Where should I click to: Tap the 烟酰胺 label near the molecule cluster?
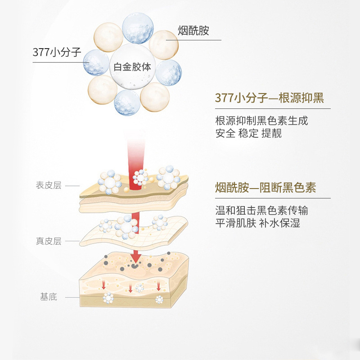193,31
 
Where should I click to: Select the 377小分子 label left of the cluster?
57,52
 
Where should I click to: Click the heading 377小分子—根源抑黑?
270,98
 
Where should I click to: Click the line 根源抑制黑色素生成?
262,121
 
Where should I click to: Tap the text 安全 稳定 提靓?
248,134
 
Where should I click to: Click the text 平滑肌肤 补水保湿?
257,223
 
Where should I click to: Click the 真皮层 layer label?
48,241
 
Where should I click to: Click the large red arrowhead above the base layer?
135,258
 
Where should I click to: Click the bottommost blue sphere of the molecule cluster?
127,103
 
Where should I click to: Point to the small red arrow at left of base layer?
103,284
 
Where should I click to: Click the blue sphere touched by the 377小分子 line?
96,62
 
